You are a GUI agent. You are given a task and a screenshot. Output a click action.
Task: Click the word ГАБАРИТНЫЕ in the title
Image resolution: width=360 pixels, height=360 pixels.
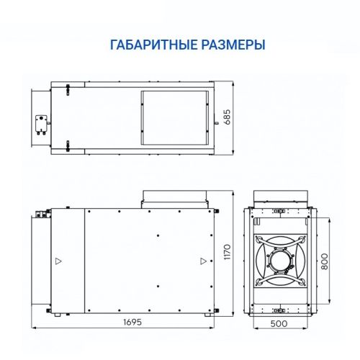point(149,45)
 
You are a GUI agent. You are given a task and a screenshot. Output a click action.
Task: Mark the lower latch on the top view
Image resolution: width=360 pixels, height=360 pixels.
point(68,150)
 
